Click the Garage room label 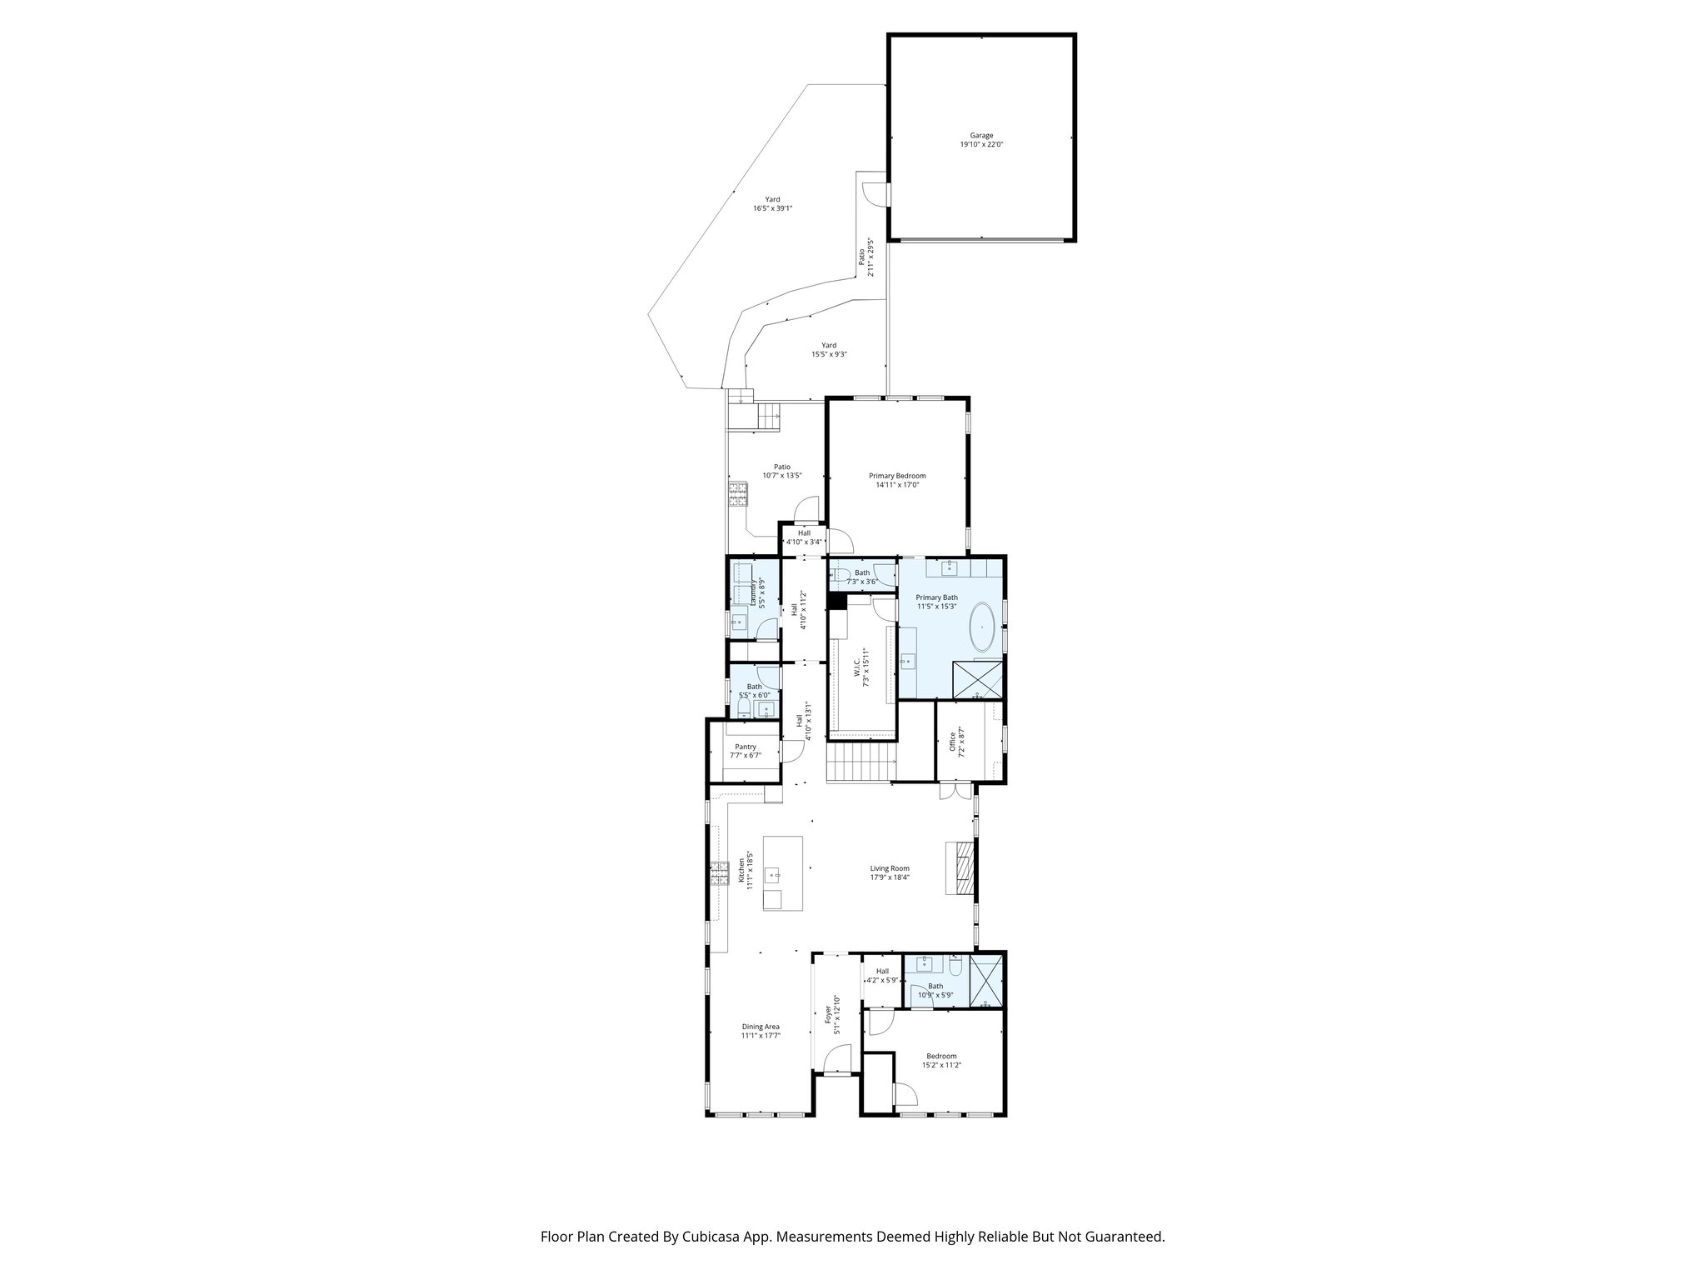click(x=981, y=136)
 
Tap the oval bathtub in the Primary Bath click(x=986, y=627)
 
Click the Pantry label click(x=746, y=747)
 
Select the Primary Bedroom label click(x=897, y=476)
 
